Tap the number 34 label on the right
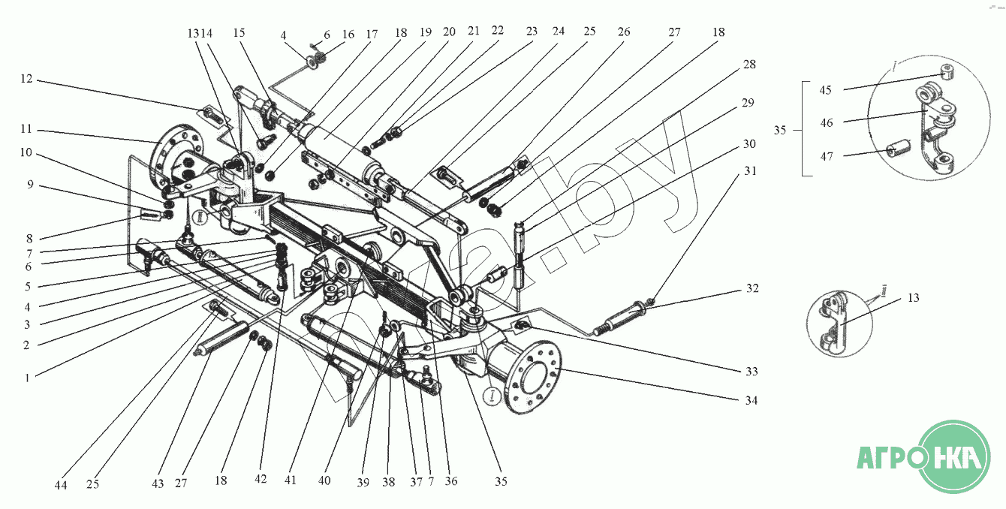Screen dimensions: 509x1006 tap(751, 400)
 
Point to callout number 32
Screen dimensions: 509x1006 tap(751, 289)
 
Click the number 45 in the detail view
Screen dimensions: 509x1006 tap(826, 90)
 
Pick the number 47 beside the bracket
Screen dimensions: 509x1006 tap(826, 155)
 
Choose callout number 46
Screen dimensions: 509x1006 tap(826, 122)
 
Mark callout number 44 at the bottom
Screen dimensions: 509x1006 tap(61, 485)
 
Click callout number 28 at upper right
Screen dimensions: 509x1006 tap(749, 65)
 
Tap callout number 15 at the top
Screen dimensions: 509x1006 tap(239, 34)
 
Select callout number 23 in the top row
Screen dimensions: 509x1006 tap(532, 32)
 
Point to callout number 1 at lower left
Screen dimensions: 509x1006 tap(27, 378)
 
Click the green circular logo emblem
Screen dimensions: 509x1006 tap(955, 456)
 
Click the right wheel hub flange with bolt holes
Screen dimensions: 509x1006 tap(532, 378)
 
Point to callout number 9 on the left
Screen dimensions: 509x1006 tap(29, 184)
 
